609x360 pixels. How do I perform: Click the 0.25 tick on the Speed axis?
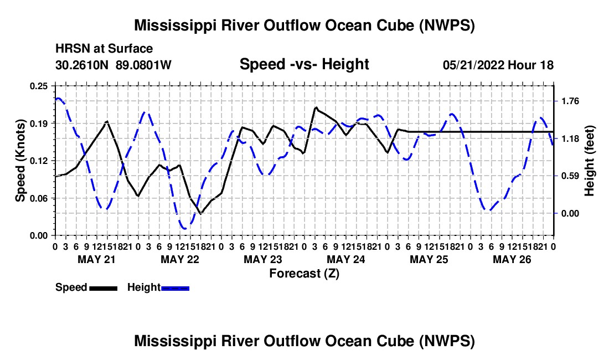(x=38, y=86)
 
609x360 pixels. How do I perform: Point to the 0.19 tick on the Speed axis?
(x=38, y=124)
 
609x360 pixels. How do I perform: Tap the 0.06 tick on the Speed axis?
(x=38, y=198)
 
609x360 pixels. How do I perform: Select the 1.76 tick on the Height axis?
(x=570, y=101)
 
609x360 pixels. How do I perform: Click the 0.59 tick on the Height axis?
(x=570, y=176)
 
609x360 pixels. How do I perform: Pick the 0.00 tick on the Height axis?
(x=570, y=214)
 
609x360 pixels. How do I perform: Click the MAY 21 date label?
(x=97, y=259)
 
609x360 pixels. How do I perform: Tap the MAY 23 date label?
(x=263, y=259)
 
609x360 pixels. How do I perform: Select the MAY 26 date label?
(x=512, y=259)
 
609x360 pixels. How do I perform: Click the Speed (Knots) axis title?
(x=20, y=161)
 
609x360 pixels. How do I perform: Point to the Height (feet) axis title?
(x=589, y=161)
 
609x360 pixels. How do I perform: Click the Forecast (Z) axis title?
(x=304, y=274)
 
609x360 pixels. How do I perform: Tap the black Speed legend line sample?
(x=104, y=288)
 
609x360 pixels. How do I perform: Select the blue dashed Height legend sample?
(x=175, y=288)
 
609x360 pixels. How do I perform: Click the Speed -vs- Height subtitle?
(x=304, y=64)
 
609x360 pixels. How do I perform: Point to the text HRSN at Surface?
(x=104, y=49)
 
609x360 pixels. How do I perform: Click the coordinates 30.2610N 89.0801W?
(x=113, y=65)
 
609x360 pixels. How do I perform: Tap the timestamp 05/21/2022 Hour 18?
(x=498, y=65)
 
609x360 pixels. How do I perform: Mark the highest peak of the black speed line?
(x=317, y=107)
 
